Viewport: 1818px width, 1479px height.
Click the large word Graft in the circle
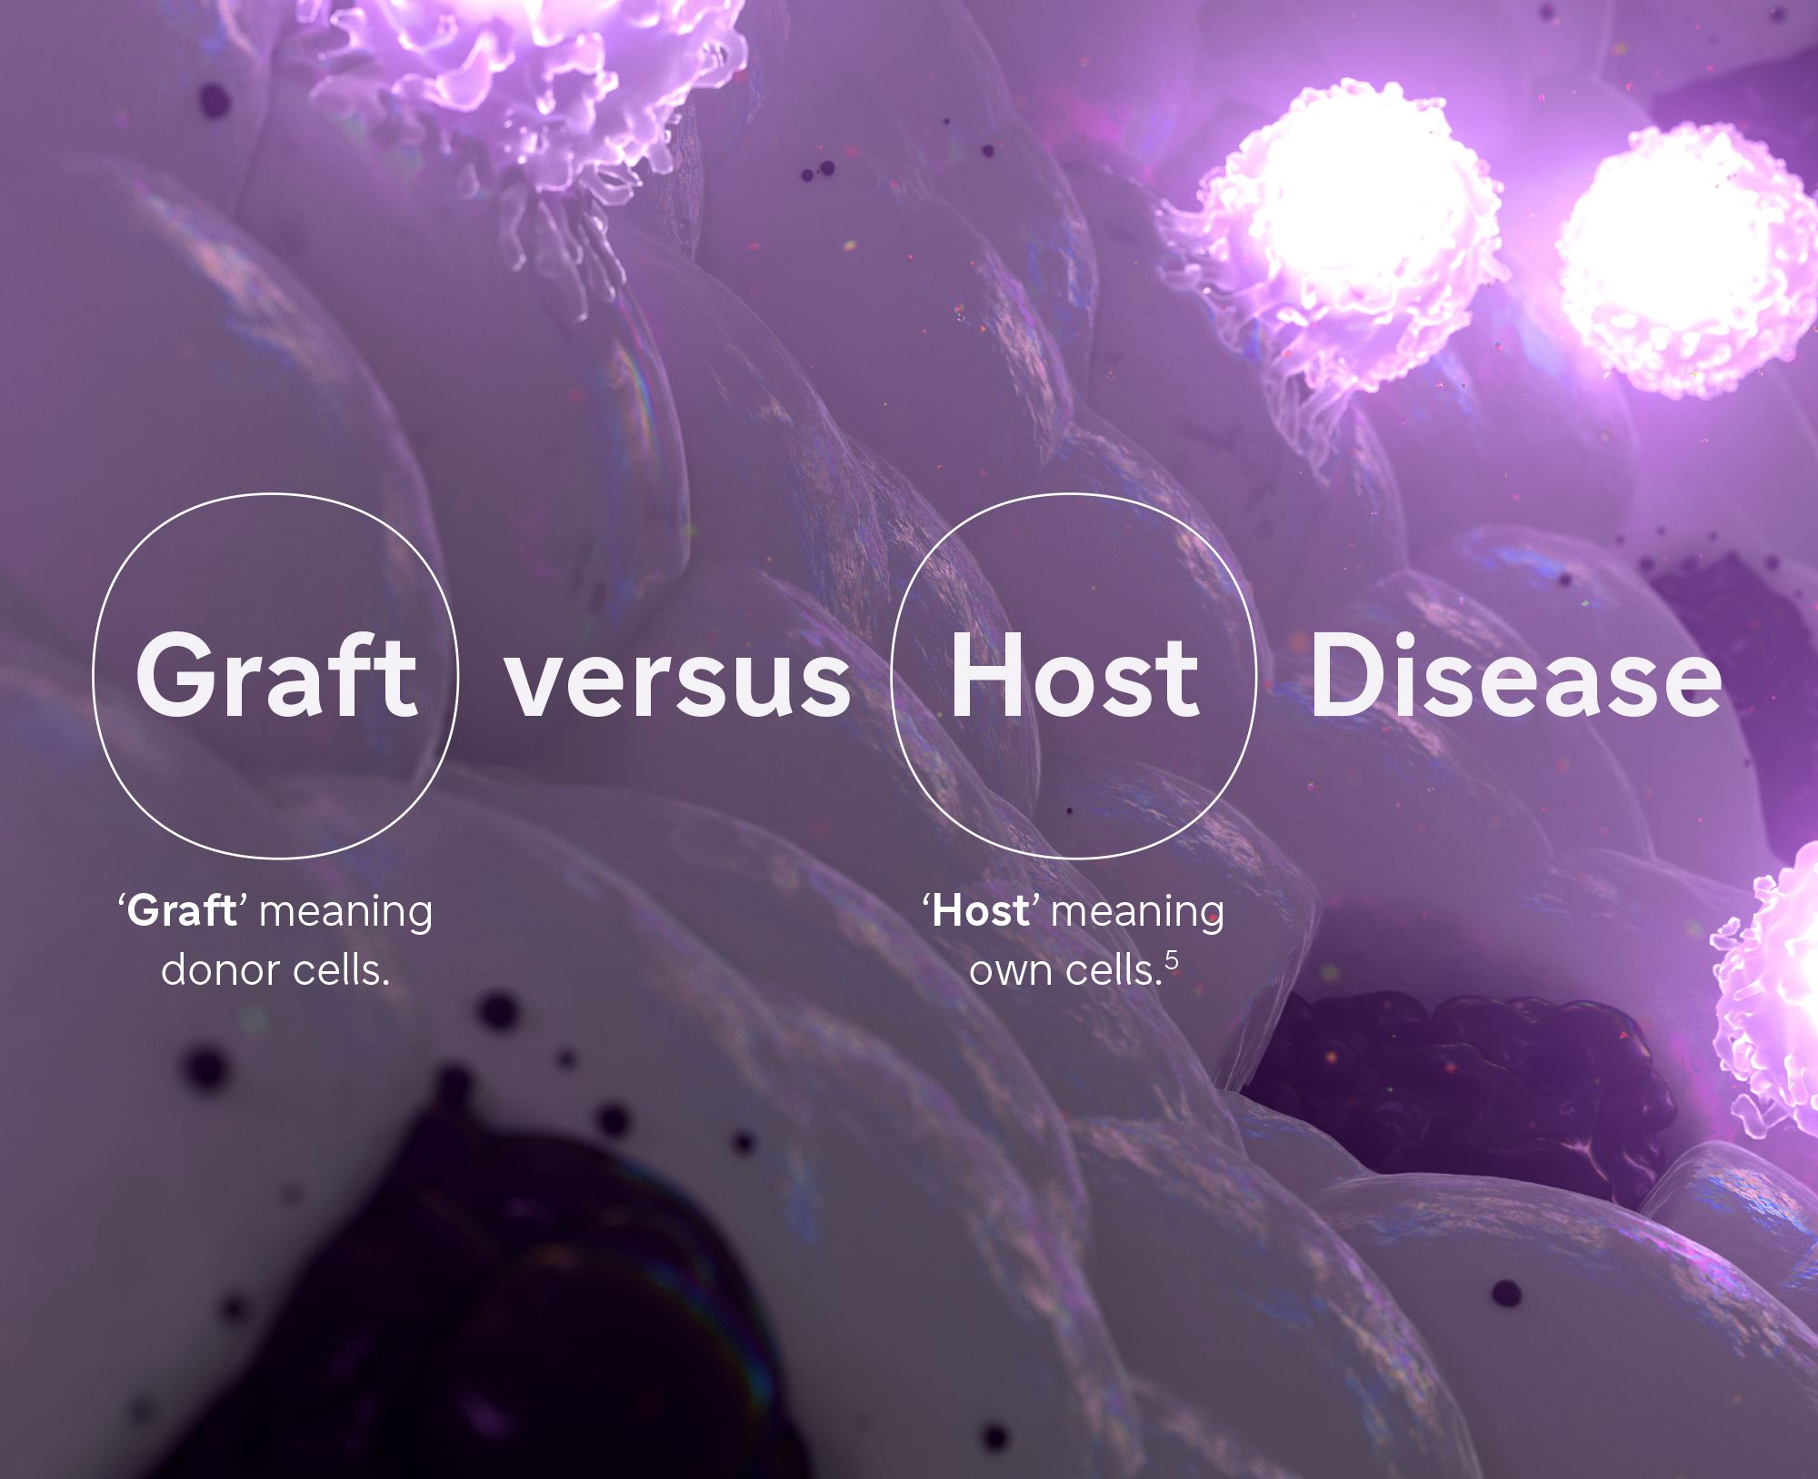pos(276,674)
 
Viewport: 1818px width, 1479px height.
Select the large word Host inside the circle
pos(1075,675)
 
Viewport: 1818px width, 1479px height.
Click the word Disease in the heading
pos(1515,675)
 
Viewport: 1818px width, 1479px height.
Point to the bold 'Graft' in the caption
pos(182,910)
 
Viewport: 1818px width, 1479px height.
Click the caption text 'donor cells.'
pos(275,969)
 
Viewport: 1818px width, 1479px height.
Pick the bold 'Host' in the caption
pos(982,910)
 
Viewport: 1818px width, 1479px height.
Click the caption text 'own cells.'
pos(1065,969)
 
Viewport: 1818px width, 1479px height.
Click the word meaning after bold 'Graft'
pos(346,913)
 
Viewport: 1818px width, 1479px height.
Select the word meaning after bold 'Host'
pos(1137,913)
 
